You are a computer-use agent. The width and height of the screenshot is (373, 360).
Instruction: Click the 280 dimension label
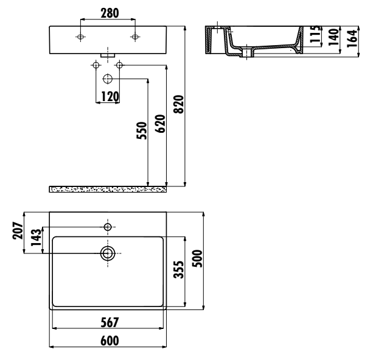pos(110,13)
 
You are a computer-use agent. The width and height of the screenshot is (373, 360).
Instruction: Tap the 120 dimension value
pos(110,96)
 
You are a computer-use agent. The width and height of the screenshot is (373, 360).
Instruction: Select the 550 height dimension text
pos(142,130)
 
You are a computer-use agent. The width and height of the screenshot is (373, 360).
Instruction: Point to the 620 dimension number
pos(160,124)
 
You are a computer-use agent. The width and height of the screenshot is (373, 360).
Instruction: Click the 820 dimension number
pos(179,104)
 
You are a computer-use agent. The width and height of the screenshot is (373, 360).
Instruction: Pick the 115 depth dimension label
pos(316,34)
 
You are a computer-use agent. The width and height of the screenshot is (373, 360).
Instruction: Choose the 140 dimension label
pos(333,37)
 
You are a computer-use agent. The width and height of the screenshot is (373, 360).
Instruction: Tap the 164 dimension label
pos(352,38)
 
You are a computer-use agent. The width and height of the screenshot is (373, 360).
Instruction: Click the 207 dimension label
pos(18,230)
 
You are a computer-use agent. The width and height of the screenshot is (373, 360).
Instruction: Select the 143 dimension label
pos(36,238)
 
